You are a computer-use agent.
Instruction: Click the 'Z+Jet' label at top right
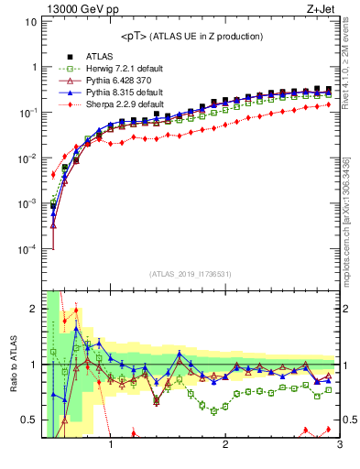point(322,10)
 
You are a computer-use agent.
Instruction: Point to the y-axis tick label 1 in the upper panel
point(35,68)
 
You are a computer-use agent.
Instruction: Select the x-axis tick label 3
point(339,447)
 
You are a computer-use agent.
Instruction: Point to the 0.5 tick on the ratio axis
point(30,420)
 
